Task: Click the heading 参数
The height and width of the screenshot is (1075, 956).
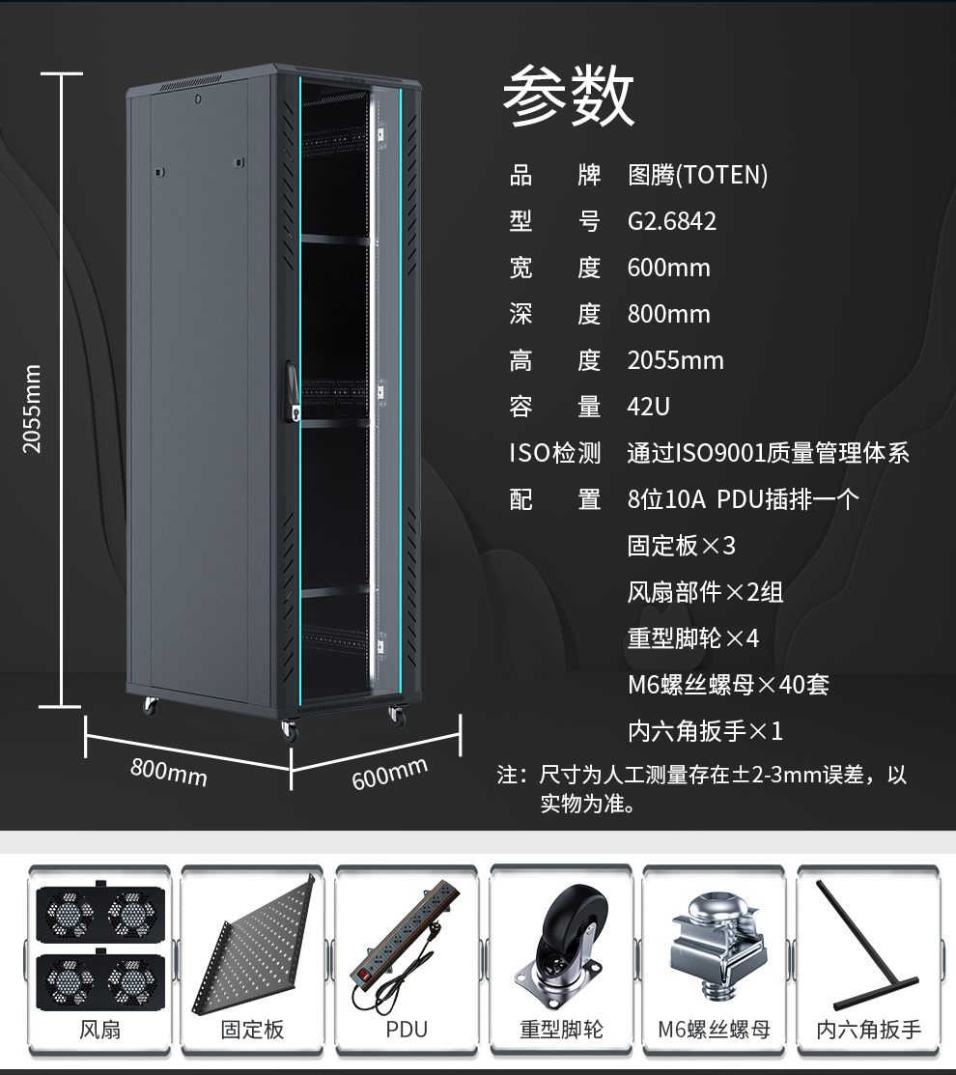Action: point(568,95)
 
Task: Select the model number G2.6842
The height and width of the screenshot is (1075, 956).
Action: point(671,221)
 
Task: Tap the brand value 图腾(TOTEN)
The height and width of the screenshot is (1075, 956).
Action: point(697,176)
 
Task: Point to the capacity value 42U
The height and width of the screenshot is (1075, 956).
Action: point(648,407)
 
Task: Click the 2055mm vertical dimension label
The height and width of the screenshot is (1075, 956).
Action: point(32,409)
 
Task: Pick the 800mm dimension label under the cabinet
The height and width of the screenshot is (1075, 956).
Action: point(169,772)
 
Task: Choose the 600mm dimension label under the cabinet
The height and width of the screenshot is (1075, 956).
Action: point(390,774)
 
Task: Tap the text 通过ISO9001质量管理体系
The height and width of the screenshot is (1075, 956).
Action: point(769,453)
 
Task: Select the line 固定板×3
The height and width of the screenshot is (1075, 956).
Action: point(681,546)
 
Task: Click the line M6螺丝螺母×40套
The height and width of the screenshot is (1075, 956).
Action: point(728,685)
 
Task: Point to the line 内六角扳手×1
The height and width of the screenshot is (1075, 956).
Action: point(705,731)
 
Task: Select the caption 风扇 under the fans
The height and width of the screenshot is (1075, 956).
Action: point(100,1029)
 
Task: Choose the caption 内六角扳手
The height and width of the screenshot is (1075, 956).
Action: point(868,1029)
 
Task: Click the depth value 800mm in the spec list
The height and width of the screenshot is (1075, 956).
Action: point(669,314)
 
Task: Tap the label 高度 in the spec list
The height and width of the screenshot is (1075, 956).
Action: point(554,360)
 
